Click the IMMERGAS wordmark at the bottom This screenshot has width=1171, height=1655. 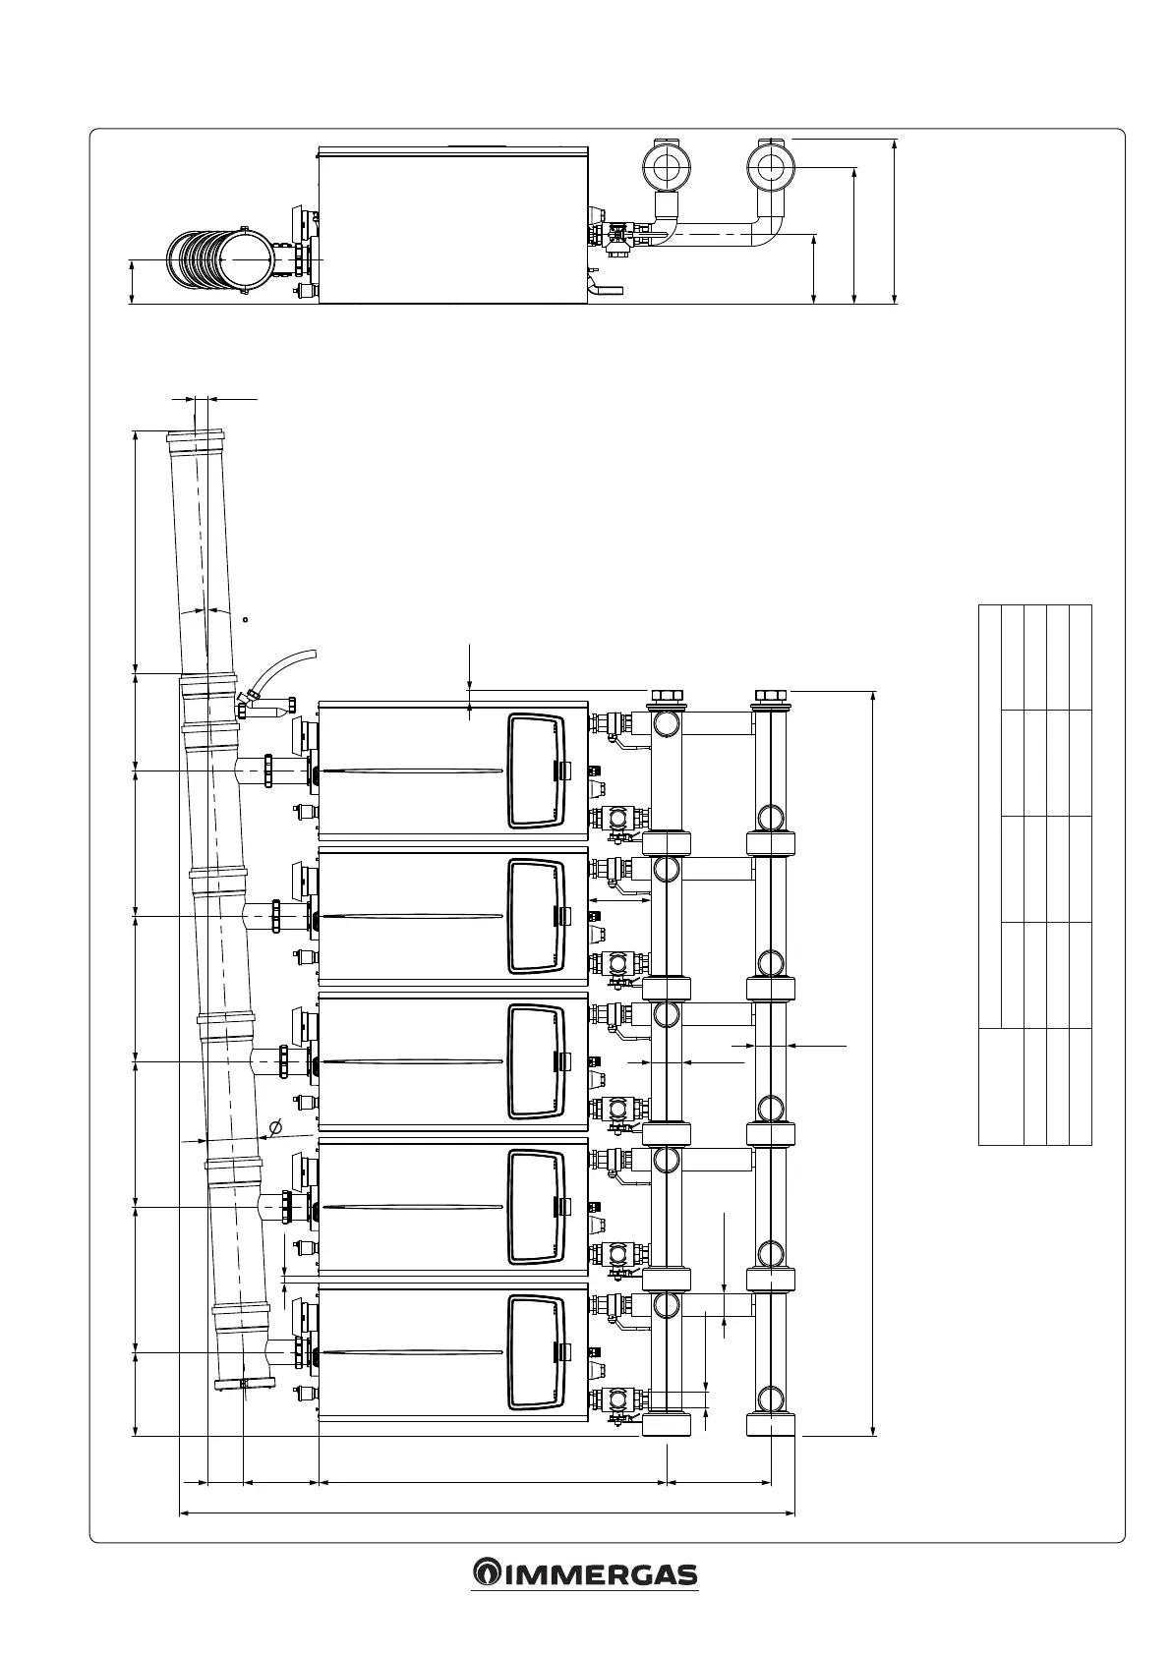600,1575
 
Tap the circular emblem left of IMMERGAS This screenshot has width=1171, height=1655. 486,1574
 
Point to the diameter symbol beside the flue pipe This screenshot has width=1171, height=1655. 275,1126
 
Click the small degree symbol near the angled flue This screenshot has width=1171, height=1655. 245,619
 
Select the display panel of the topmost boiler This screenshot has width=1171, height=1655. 537,771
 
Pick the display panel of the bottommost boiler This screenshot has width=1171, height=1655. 537,1353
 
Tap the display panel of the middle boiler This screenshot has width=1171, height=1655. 537,1061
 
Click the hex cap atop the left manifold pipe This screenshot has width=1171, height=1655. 667,697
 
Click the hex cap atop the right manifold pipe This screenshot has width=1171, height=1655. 771,697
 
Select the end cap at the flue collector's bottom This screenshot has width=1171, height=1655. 243,1385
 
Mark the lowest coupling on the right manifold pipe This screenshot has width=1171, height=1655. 771,1423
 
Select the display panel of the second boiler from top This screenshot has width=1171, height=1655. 537,916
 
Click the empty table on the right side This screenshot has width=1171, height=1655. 1035,875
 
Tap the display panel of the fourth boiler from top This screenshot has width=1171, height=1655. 537,1207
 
